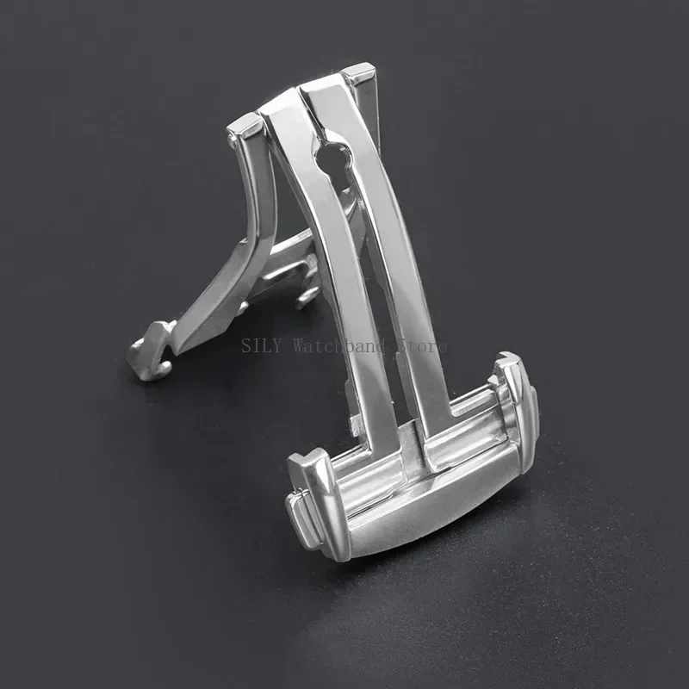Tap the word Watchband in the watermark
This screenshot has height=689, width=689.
click(329, 346)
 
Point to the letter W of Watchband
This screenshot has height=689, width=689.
click(300, 346)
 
